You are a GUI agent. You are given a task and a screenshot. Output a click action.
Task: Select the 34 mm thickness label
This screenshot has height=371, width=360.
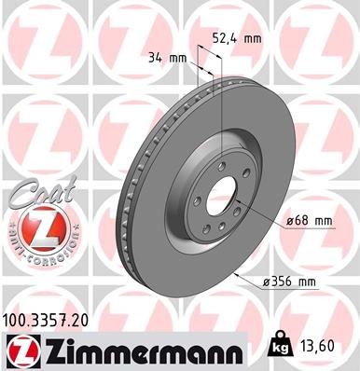(x=167, y=58)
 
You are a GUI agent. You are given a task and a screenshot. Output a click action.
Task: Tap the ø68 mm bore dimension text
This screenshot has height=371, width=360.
(x=312, y=220)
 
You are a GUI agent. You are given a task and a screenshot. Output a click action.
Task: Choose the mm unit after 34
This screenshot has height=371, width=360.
(x=178, y=58)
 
